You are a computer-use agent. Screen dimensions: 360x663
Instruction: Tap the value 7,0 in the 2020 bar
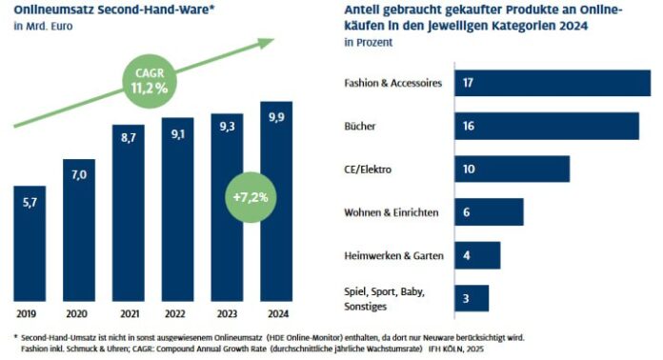tap(78, 175)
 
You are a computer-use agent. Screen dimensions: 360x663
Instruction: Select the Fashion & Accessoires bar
tap(552, 83)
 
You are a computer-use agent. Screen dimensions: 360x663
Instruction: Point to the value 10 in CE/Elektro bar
tap(470, 170)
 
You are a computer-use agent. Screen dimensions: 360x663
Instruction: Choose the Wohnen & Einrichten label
tap(391, 212)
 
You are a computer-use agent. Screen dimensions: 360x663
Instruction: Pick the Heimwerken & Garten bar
tap(477, 255)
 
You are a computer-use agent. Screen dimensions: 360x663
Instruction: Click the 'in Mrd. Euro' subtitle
tap(42, 26)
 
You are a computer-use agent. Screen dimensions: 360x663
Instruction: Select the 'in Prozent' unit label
tap(365, 43)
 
